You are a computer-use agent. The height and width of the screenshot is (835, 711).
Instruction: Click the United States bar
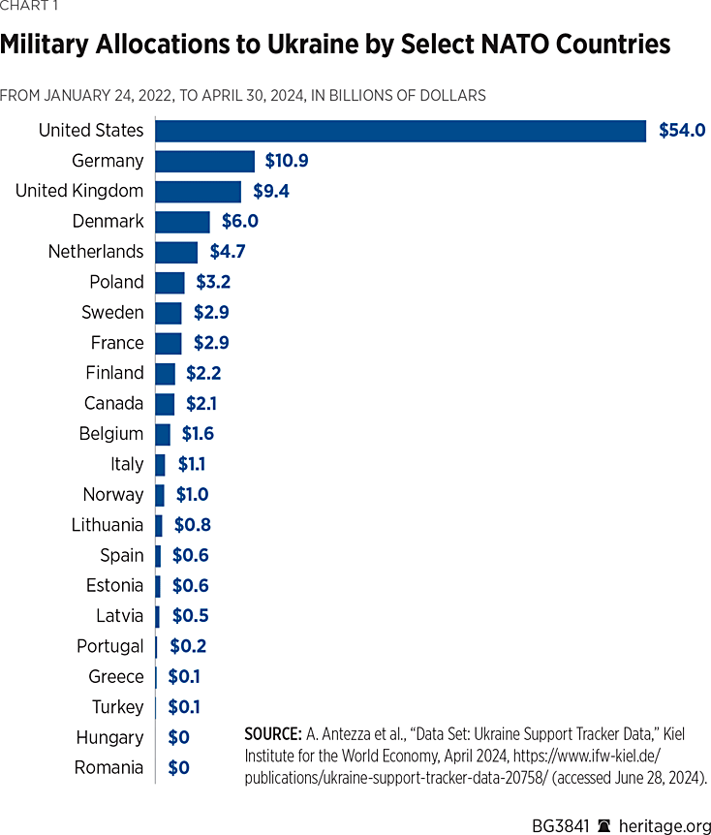click(x=400, y=131)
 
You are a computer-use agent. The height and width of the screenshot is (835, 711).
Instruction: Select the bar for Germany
click(x=204, y=161)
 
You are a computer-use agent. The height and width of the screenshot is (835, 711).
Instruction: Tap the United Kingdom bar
click(x=198, y=191)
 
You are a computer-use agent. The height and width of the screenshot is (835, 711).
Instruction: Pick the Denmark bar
click(x=182, y=222)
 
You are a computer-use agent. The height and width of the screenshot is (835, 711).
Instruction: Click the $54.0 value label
click(x=682, y=131)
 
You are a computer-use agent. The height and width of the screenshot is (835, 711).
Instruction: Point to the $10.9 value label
click(x=287, y=161)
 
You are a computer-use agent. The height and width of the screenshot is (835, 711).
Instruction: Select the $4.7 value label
click(x=230, y=252)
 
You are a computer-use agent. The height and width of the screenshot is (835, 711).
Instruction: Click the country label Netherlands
click(x=96, y=252)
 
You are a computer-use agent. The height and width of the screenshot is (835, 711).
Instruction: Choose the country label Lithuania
click(x=108, y=525)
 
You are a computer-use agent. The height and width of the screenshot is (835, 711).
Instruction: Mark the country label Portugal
click(x=110, y=646)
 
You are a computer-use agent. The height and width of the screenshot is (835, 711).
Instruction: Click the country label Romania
click(x=108, y=768)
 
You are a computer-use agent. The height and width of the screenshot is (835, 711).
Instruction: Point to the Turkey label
click(x=117, y=707)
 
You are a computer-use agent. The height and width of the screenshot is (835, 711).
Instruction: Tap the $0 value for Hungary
click(x=179, y=738)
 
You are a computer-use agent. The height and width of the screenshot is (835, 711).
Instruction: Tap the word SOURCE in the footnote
click(x=272, y=733)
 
